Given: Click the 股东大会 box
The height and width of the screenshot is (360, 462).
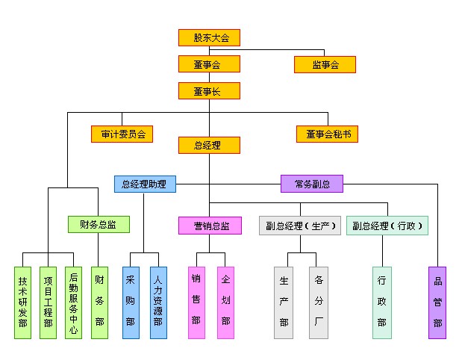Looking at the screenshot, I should pyautogui.click(x=209, y=37).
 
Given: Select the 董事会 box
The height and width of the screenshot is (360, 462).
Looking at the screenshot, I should pyautogui.click(x=209, y=64).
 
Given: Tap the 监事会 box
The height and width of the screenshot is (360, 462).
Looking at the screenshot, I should pyautogui.click(x=325, y=64).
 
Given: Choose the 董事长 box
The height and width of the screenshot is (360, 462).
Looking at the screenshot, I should pyautogui.click(x=209, y=91).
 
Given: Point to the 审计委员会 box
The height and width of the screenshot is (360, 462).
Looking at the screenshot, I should pyautogui.click(x=122, y=134).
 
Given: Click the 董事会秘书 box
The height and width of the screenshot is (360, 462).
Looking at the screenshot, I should pyautogui.click(x=327, y=134).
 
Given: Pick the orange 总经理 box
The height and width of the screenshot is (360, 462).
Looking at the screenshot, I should pyautogui.click(x=209, y=145).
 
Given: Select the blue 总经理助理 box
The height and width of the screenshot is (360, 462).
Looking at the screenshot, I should pyautogui.click(x=146, y=183).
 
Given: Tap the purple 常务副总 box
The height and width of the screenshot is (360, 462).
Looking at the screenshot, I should pyautogui.click(x=312, y=183).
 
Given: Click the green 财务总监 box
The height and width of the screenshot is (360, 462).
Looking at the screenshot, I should pyautogui.click(x=99, y=224).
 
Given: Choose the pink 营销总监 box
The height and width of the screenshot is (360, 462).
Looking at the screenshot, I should pyautogui.click(x=210, y=226).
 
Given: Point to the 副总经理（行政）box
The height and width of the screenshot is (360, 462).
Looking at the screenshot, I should pyautogui.click(x=387, y=226).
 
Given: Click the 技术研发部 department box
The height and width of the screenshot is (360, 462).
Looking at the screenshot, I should pyautogui.click(x=23, y=302).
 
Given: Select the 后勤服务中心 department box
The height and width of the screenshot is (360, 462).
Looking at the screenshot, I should pyautogui.click(x=73, y=302).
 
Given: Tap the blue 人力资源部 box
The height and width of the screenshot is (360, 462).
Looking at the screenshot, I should pyautogui.click(x=158, y=302).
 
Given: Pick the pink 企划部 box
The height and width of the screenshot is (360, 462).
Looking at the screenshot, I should pyautogui.click(x=226, y=302).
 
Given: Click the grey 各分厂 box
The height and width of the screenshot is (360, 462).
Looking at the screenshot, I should pyautogui.click(x=319, y=302).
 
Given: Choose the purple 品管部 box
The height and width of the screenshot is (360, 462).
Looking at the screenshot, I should pyautogui.click(x=437, y=302).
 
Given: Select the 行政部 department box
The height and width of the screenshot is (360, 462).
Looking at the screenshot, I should pyautogui.click(x=382, y=302).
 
